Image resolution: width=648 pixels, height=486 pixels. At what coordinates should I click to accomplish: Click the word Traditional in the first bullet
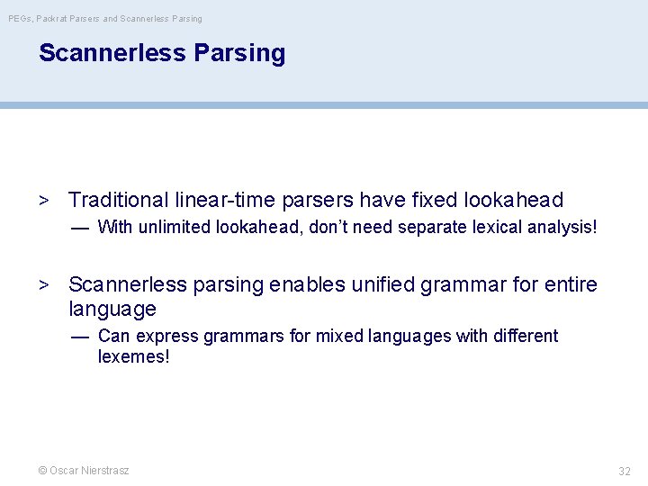pyautogui.click(x=118, y=200)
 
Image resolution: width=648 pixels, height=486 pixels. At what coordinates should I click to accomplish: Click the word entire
pyautogui.click(x=568, y=285)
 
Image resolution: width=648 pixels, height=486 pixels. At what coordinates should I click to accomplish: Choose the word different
pyautogui.click(x=524, y=336)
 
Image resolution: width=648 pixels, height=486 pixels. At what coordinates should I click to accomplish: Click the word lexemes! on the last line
pyautogui.click(x=133, y=356)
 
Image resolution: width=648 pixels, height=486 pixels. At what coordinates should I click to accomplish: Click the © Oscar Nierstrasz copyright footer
pyautogui.click(x=83, y=471)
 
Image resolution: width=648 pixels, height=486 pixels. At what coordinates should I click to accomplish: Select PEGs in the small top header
pyautogui.click(x=20, y=18)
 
